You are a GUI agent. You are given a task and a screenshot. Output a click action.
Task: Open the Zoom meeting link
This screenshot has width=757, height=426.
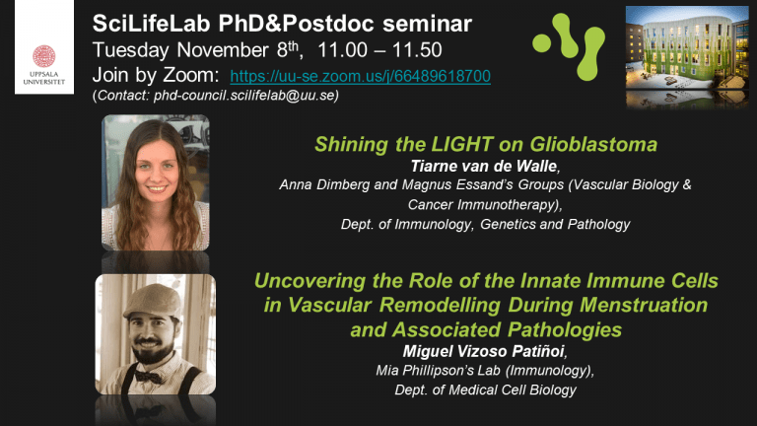point(360,76)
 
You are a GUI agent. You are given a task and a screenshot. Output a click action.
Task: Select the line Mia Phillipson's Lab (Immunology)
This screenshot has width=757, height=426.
point(485,371)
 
